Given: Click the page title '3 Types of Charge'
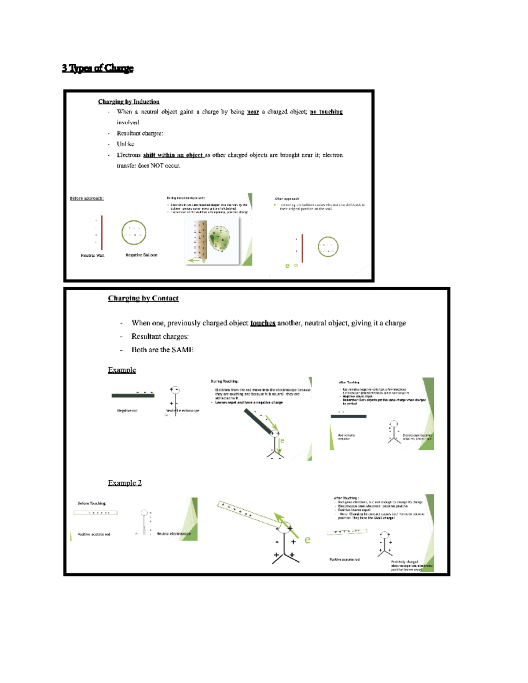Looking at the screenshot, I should click(x=97, y=68).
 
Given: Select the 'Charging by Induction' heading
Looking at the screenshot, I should click(x=128, y=102).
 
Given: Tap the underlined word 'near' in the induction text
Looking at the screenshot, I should click(x=253, y=112).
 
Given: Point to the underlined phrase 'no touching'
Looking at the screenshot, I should click(x=326, y=112).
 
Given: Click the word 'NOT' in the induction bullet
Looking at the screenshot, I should click(x=157, y=166).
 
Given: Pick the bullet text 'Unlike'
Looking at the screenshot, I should click(x=125, y=144).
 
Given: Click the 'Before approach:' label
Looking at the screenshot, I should click(x=87, y=198).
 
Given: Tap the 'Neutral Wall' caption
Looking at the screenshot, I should click(x=92, y=256).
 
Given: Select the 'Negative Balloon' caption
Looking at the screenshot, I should click(x=141, y=255).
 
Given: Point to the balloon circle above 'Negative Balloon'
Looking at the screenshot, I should click(x=134, y=232).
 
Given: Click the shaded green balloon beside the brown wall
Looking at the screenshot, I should click(x=219, y=238).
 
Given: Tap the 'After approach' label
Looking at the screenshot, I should click(x=286, y=199).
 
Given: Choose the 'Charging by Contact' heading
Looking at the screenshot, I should click(x=143, y=298).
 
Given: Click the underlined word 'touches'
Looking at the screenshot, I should click(x=263, y=323).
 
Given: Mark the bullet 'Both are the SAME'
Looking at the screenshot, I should click(x=162, y=350).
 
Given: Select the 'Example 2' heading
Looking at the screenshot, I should click(x=125, y=482).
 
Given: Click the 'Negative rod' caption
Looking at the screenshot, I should click(x=127, y=410).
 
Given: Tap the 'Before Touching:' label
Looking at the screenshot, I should click(x=92, y=503).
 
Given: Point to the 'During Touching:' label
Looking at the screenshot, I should click(x=224, y=381).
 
